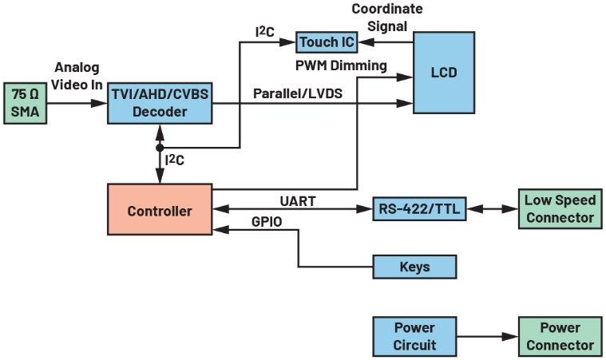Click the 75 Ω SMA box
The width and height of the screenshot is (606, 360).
point(26,102)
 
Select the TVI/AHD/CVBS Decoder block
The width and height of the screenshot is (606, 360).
point(160,102)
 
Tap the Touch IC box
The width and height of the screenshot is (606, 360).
point(326,42)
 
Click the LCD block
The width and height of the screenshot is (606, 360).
point(443,73)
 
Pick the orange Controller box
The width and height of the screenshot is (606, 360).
point(160,211)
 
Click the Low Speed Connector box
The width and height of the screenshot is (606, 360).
point(559,209)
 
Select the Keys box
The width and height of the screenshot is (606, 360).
point(414,267)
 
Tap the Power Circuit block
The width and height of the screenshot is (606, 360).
point(414,336)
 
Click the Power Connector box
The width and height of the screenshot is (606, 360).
point(559,336)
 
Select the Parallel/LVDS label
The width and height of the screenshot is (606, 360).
point(297,93)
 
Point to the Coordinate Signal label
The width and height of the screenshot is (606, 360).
point(388,18)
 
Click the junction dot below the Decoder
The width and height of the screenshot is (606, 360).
point(160,148)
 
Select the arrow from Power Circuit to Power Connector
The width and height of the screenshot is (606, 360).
point(487,336)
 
